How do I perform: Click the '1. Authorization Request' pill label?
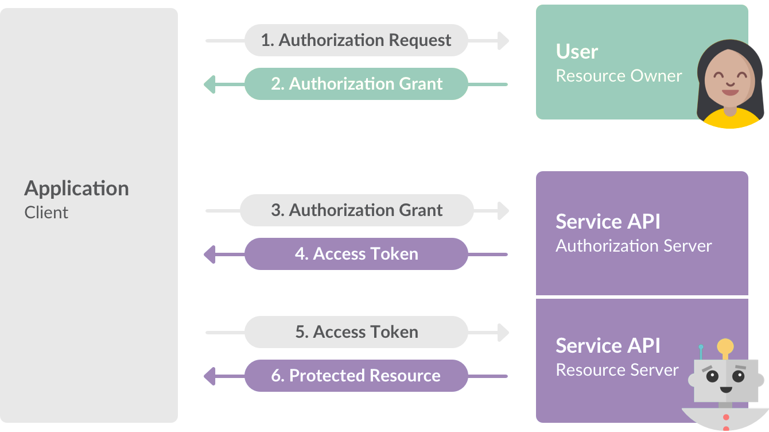coord(356,40)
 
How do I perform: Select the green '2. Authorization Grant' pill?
coord(356,84)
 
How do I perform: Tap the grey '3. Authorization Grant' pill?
coord(356,210)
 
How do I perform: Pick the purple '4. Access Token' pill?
coord(356,254)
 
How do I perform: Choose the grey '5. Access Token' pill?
coord(356,332)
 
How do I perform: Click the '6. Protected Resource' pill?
coord(356,376)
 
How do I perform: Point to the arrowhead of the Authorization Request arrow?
coord(503,40)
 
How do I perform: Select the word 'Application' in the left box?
coord(76,188)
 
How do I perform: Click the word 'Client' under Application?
coord(46,213)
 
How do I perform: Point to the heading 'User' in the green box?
coord(577,52)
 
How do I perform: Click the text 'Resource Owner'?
coord(619,76)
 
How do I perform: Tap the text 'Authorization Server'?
coord(634,246)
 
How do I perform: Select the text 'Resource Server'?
coord(617,370)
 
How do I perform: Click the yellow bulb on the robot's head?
coord(726,346)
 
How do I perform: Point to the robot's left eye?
coord(712,377)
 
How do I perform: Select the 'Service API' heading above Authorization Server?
coord(608,222)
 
